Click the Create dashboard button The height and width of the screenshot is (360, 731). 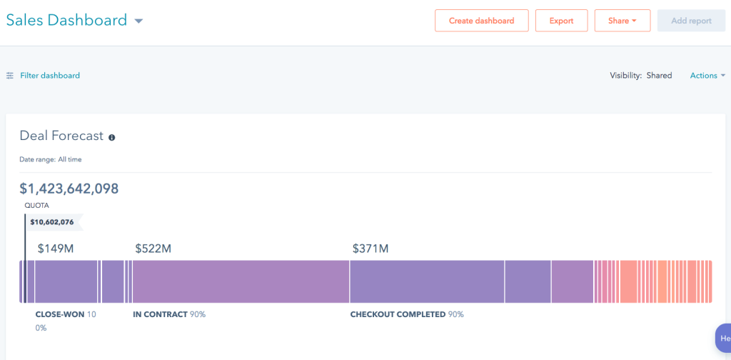482,21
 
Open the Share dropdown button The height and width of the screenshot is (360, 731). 622,21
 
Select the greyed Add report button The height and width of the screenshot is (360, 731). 691,21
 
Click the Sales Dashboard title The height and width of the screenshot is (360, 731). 66,20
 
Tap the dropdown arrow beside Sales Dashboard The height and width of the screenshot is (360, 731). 138,21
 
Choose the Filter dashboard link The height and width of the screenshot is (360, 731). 50,76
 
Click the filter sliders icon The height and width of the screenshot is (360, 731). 10,76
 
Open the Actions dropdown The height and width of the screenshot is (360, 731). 707,76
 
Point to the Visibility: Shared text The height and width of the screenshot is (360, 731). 641,76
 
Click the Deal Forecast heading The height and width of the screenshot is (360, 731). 61,136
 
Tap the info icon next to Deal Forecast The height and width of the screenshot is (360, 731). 112,138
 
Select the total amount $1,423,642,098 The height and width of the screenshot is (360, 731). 69,189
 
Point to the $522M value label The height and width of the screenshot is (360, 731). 153,249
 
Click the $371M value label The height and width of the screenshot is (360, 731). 370,249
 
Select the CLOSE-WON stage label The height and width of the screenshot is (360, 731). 60,314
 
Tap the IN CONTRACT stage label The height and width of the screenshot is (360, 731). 161,314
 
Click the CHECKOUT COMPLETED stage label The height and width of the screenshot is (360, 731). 398,314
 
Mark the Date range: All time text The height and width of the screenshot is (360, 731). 51,159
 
